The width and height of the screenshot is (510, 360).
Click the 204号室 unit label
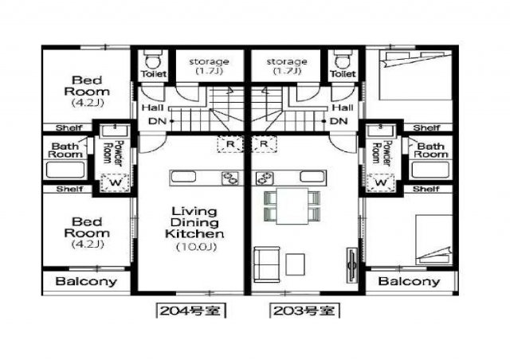(190, 311)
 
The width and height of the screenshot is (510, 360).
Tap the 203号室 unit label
(304, 311)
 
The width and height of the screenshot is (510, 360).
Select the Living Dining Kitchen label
(194, 223)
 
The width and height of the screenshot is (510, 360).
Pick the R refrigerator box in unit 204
(230, 144)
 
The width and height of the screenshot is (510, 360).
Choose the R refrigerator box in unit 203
(264, 144)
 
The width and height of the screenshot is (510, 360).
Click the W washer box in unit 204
(115, 182)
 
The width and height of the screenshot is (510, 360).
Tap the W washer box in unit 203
(381, 182)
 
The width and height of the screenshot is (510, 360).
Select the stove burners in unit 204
(230, 178)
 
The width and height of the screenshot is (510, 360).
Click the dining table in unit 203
(292, 206)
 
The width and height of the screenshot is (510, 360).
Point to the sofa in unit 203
(267, 264)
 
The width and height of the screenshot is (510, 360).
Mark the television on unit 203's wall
(351, 265)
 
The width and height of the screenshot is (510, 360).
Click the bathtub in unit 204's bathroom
(65, 170)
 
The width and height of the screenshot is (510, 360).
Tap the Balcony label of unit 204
(86, 281)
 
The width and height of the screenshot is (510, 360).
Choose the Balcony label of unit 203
(409, 281)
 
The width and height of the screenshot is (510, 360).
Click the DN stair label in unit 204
(158, 121)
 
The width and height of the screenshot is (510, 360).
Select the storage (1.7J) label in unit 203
(287, 66)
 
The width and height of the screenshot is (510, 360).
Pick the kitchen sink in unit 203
(312, 177)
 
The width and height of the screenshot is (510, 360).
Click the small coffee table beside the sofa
(296, 264)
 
